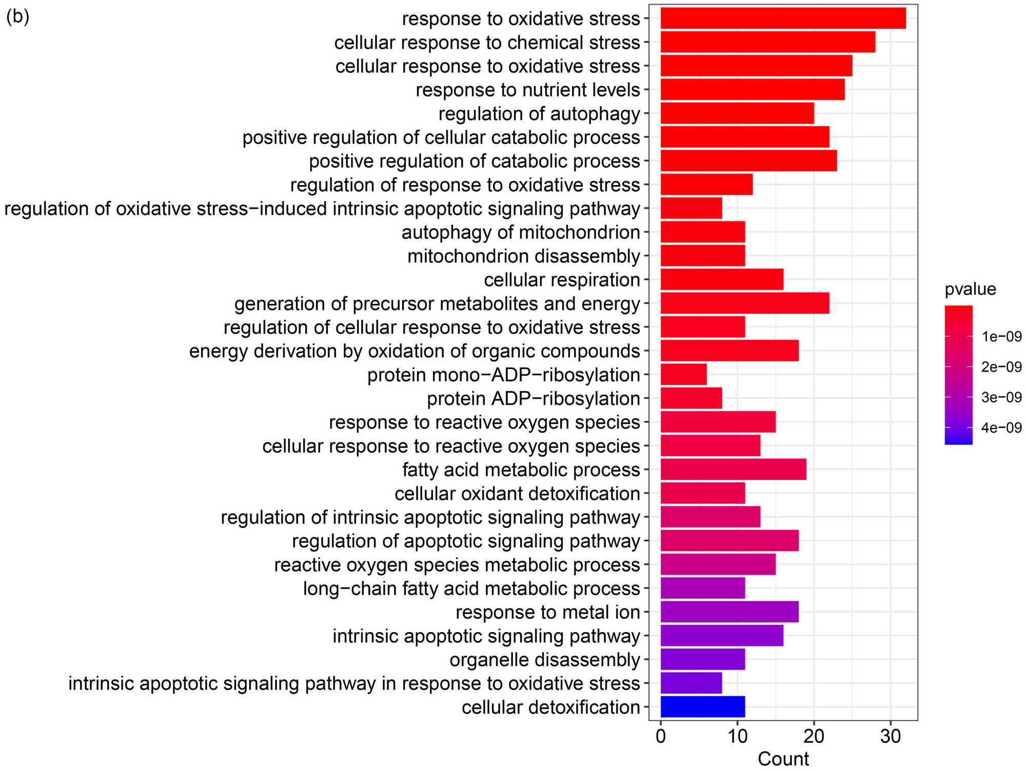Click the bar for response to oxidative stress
783,18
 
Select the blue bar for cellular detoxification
702,707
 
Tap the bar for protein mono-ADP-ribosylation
683,375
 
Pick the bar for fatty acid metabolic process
733,470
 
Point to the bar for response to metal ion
729,612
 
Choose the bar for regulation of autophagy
737,113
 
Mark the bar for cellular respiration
721,280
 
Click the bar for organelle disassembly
702,660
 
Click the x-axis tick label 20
814,737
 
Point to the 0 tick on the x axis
661,737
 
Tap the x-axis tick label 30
891,737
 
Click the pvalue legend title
970,290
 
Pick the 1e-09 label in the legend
1001,337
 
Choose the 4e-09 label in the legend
1001,428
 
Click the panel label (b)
17,16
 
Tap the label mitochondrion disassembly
523,256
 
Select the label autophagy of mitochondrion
521,233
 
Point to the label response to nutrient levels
528,90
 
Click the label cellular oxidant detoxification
517,494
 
